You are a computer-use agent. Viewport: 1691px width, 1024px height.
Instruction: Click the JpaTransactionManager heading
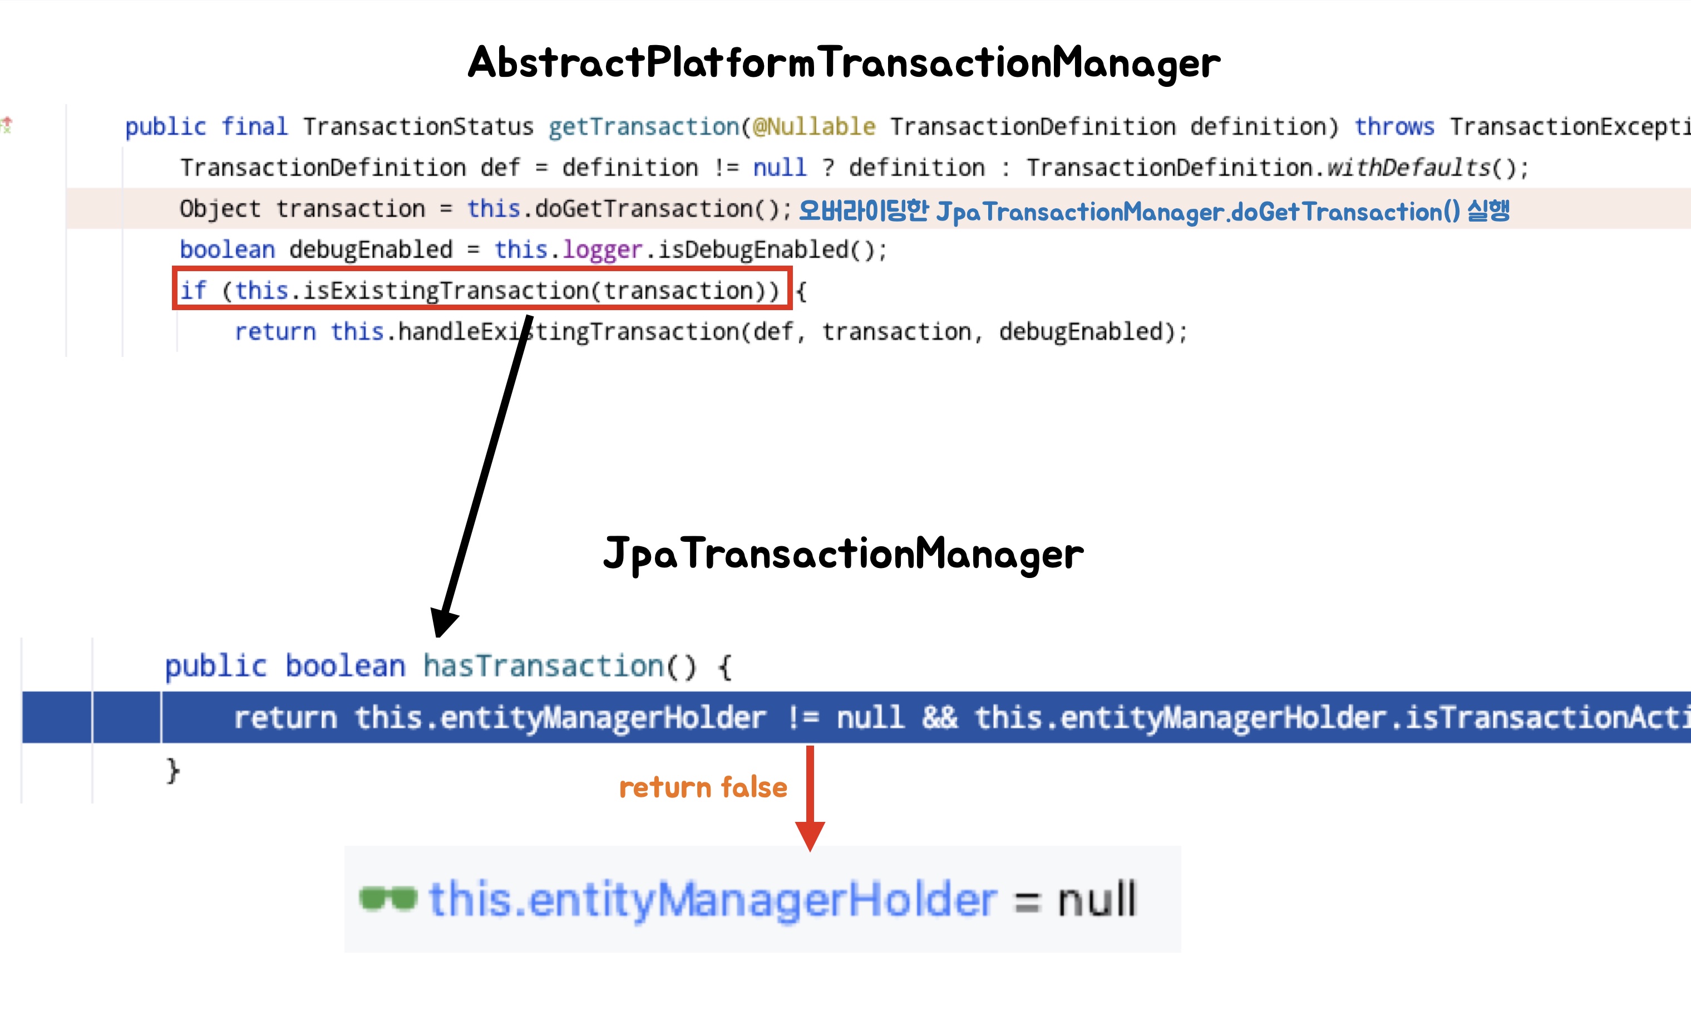843,553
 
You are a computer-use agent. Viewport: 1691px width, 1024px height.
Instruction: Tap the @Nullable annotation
815,126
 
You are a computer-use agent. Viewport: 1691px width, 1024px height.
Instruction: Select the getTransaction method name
644,126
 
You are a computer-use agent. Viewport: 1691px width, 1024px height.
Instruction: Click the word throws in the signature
1394,126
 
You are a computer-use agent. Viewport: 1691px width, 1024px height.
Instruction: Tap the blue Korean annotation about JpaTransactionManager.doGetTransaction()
1155,211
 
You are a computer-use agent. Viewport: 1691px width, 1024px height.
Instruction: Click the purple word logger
602,249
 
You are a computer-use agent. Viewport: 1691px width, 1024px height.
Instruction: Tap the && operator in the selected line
939,718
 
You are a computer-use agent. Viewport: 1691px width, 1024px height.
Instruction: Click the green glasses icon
388,898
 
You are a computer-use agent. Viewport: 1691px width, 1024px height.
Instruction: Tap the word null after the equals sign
1097,899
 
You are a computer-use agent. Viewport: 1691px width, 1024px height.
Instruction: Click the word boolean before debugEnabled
227,249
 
